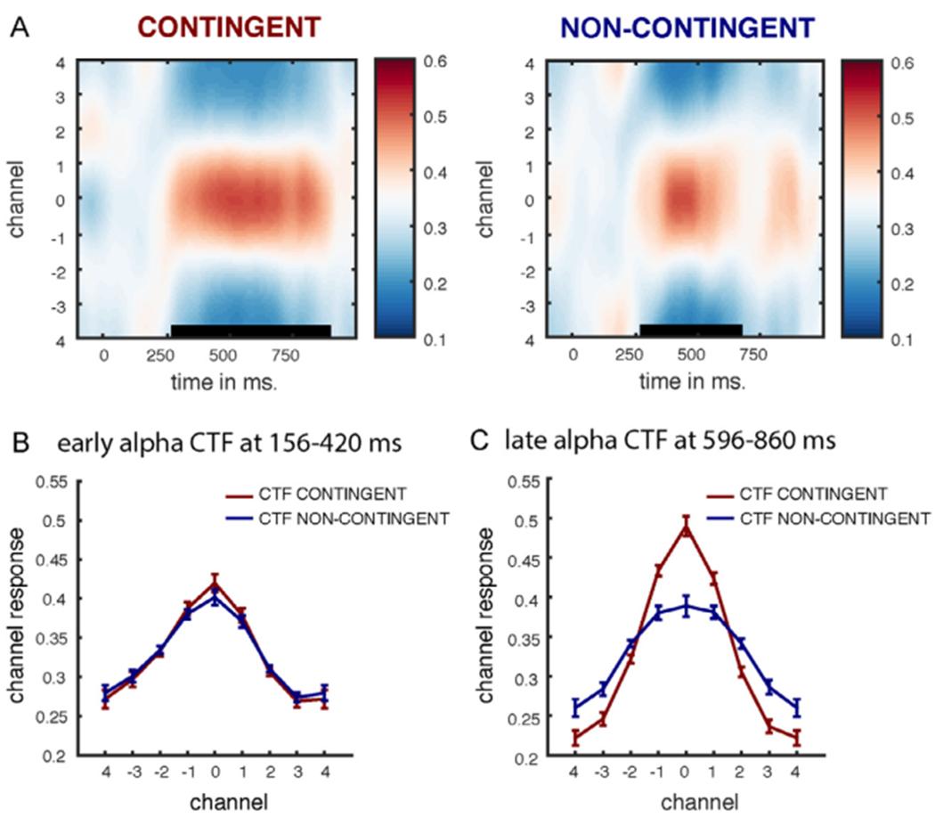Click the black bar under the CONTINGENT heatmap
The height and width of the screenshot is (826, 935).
pos(250,331)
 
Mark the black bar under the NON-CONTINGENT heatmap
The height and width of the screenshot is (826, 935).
pos(690,330)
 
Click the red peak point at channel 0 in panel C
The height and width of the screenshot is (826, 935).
pos(686,527)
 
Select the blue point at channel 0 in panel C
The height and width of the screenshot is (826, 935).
pos(686,606)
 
